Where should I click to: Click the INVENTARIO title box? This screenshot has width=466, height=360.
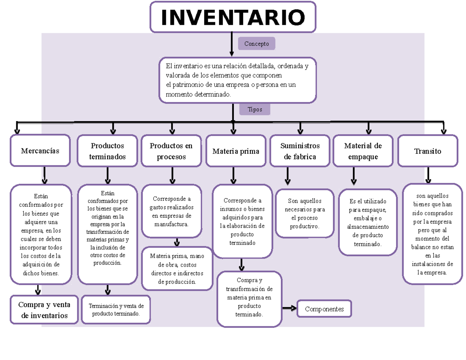[x=233, y=17]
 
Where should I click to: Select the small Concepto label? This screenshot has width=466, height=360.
[x=256, y=44]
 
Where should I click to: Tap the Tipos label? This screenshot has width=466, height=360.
[x=255, y=110]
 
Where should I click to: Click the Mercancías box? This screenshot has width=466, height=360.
[x=40, y=151]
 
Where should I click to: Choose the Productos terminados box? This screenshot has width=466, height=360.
[x=108, y=151]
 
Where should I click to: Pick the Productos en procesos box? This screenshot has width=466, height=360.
[x=171, y=151]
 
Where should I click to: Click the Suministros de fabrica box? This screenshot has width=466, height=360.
[x=300, y=151]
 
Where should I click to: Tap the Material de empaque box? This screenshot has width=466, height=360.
[x=363, y=151]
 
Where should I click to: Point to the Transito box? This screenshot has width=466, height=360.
[x=428, y=151]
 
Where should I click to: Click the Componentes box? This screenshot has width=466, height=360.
[x=324, y=309]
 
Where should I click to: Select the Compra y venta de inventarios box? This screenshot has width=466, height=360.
[x=44, y=310]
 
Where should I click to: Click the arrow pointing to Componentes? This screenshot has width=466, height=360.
[x=289, y=308]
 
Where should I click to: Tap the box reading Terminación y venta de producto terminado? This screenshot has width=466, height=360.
[x=116, y=310]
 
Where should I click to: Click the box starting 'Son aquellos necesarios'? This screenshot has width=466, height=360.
[x=304, y=213]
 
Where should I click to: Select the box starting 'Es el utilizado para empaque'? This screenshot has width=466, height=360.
[x=367, y=223]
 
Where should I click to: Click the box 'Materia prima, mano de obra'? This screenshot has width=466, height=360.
[x=177, y=269]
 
